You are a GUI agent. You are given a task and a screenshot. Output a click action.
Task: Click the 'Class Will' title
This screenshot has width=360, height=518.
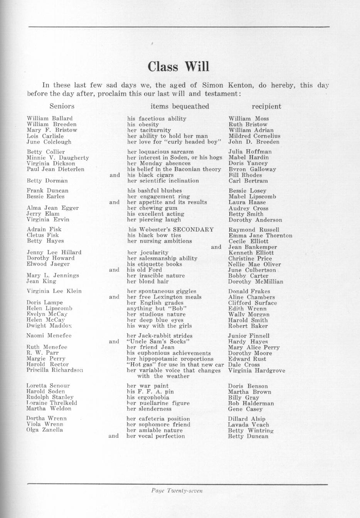(x=178, y=66)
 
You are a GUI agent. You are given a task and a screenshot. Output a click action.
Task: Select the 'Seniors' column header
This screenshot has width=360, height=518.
(x=62, y=106)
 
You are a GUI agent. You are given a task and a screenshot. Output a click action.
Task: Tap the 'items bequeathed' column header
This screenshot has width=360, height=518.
(x=180, y=106)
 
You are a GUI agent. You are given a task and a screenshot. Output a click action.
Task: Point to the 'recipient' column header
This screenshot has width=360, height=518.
(x=266, y=106)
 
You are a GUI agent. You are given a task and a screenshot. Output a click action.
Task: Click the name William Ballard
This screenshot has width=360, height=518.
(x=50, y=118)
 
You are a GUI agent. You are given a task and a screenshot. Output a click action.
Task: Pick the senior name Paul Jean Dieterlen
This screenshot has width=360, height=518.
(x=56, y=169)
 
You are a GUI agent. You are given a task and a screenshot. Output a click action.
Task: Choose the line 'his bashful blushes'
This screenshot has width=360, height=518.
(x=155, y=191)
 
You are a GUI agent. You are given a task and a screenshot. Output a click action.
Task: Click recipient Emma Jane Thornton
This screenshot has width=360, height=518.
(x=260, y=235)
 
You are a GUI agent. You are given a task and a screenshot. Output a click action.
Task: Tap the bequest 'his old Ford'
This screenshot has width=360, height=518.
(x=145, y=270)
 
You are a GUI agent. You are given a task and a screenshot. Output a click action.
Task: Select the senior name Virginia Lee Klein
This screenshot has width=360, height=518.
(x=54, y=291)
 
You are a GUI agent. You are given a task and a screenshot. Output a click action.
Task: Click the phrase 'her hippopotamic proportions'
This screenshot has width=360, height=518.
(x=170, y=359)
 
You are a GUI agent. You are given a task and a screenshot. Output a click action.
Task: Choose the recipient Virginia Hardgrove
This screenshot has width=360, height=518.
(x=257, y=371)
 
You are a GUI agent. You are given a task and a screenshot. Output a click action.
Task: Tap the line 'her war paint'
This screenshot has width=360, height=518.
(x=148, y=386)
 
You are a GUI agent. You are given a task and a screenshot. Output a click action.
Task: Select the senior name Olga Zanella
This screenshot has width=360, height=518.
(x=45, y=430)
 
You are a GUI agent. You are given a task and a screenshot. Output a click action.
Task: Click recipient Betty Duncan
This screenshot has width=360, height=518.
(x=248, y=436)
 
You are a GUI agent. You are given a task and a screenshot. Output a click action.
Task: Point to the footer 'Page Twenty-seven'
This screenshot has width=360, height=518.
(x=177, y=491)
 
